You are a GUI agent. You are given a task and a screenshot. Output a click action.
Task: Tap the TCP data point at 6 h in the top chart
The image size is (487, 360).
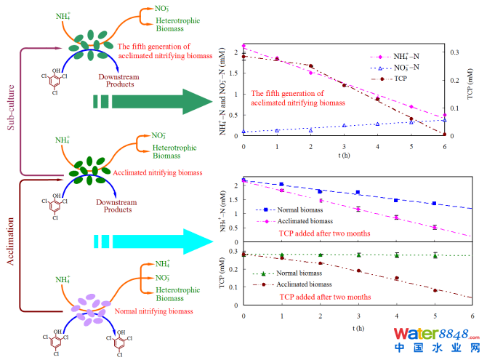coord(444,135)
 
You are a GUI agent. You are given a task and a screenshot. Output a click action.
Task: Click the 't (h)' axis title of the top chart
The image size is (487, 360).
coord(345,155)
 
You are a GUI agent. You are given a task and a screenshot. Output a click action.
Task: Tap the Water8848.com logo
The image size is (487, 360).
coord(436,338)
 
